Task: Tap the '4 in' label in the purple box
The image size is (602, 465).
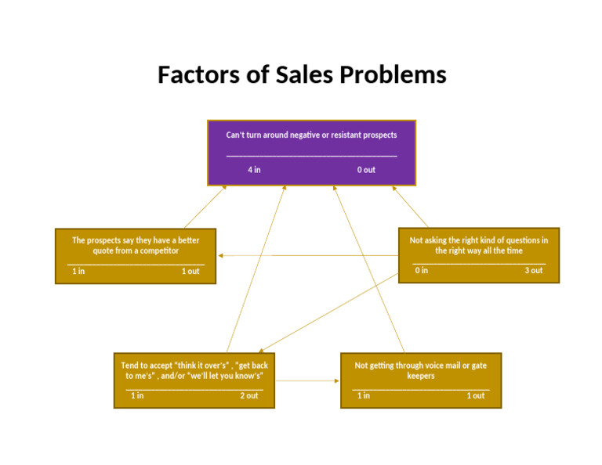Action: click(x=254, y=169)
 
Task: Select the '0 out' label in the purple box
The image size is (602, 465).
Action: click(x=366, y=169)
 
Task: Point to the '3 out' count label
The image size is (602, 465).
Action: click(x=534, y=270)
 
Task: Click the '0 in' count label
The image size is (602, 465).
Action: click(x=422, y=270)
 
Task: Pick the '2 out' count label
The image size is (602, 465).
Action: click(x=248, y=395)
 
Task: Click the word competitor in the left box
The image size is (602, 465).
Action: click(x=150, y=251)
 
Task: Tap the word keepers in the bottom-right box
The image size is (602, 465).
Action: click(x=420, y=376)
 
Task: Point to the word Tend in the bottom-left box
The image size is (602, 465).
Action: click(x=129, y=365)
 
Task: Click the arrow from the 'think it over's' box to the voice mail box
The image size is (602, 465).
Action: click(x=307, y=381)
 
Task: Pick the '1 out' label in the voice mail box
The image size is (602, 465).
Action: click(x=476, y=395)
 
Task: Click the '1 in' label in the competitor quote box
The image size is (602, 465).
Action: click(x=78, y=271)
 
